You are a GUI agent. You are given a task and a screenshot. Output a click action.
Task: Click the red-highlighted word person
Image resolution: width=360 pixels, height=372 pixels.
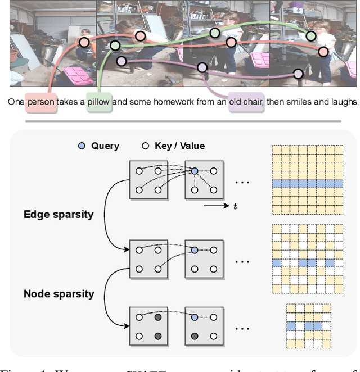40,102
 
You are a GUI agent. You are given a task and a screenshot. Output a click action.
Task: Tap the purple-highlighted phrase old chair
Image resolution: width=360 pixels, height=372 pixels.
246,102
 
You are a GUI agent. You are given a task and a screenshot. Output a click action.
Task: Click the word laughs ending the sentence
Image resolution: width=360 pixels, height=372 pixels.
341,102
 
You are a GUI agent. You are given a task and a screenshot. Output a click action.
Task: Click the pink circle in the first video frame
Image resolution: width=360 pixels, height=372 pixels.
84,42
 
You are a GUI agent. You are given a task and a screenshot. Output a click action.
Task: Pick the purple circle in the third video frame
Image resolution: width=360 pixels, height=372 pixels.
202,67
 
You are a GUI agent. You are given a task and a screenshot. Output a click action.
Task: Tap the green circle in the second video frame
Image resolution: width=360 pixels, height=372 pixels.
115,46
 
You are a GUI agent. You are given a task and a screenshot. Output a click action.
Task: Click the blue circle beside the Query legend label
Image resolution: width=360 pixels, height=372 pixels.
83,146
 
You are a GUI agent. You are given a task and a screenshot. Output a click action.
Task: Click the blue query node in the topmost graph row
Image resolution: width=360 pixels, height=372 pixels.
194,171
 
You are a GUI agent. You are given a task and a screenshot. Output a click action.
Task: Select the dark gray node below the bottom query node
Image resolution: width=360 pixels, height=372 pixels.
194,337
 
